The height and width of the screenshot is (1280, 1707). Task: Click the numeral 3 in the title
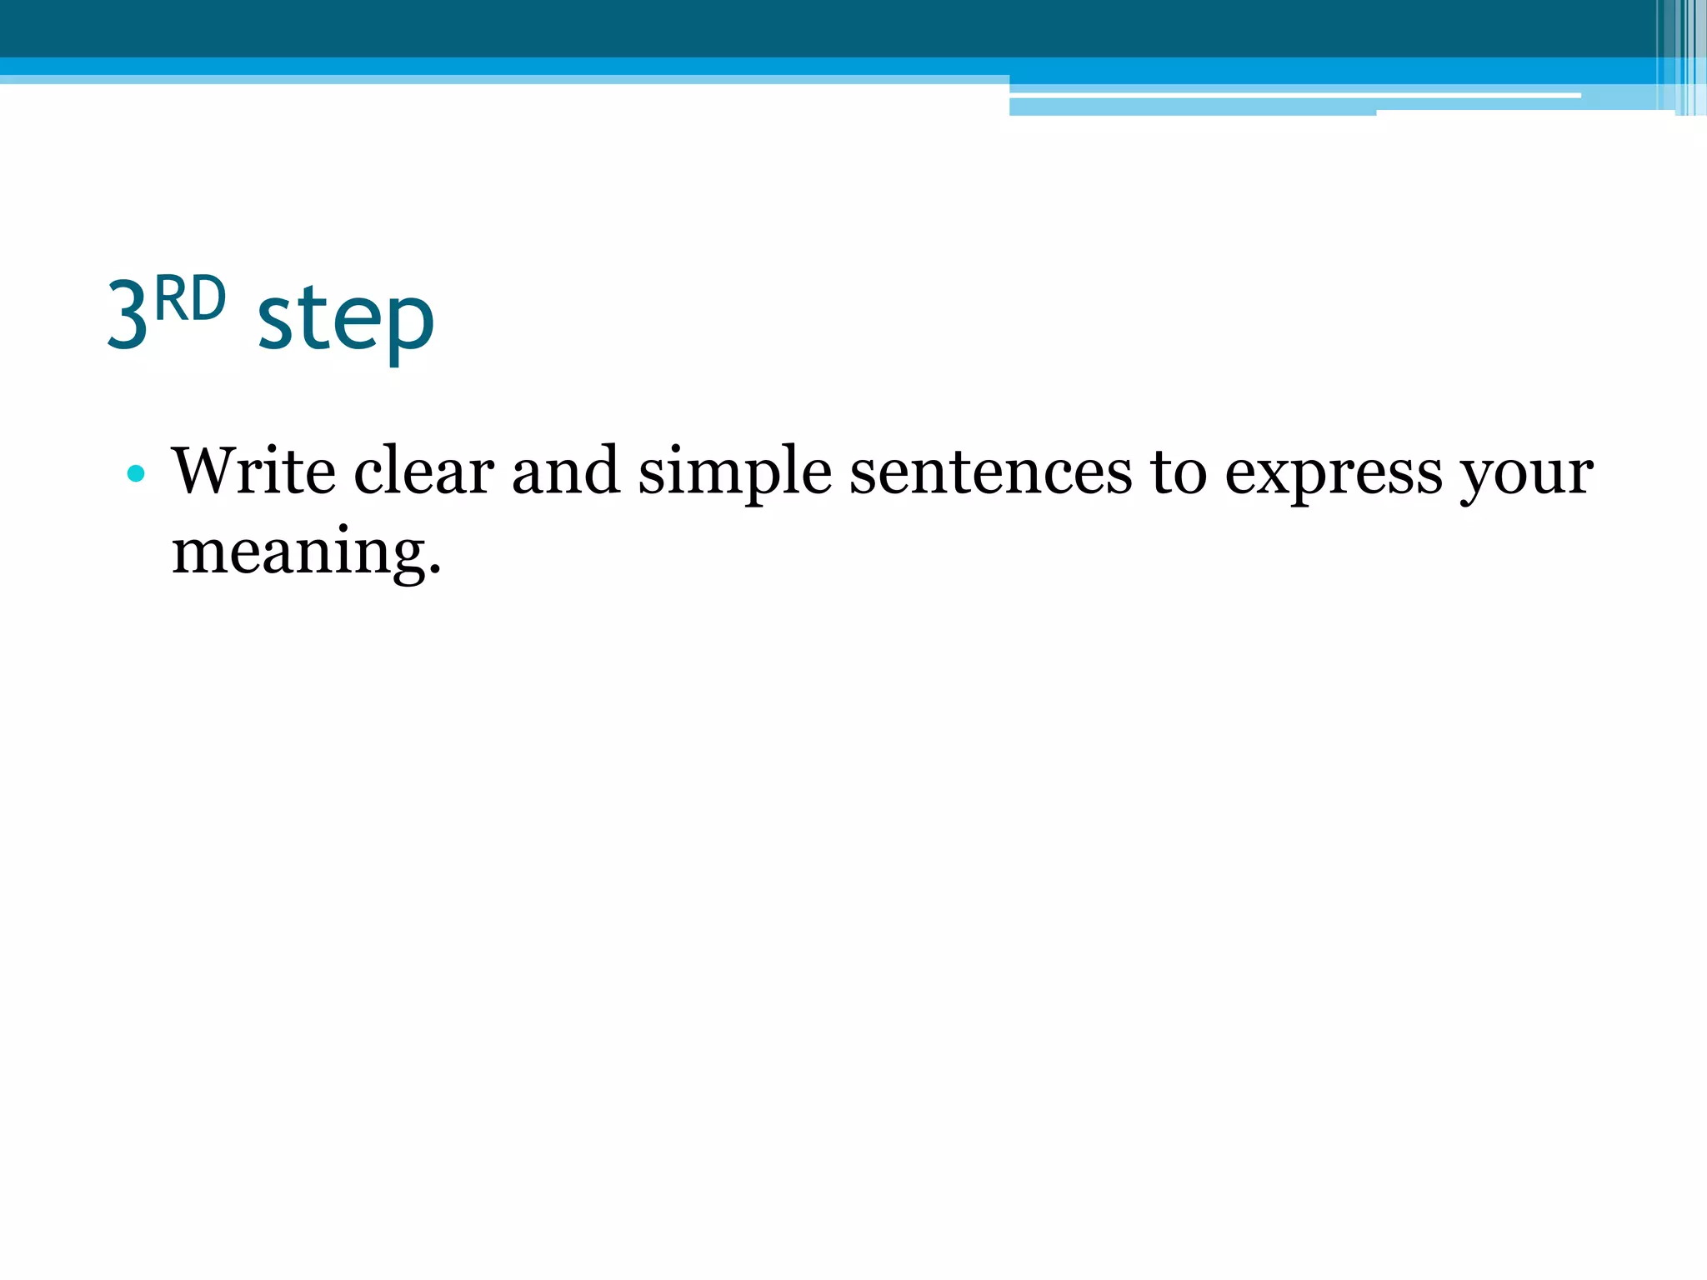128,316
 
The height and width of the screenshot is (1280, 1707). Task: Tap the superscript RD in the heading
190,299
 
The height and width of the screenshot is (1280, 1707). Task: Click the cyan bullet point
136,474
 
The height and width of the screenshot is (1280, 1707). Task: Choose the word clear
423,472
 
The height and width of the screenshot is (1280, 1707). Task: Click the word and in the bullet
566,472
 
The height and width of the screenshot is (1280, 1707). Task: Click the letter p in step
411,325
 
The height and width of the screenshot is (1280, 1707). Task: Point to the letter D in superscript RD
209,299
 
